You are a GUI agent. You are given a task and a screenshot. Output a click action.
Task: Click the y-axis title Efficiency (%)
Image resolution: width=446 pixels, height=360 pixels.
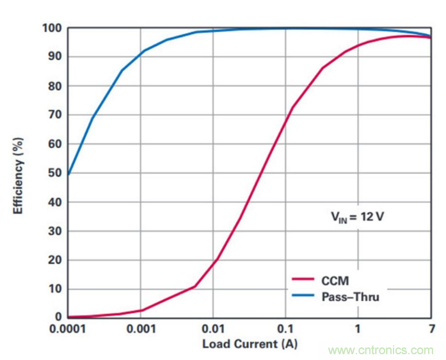pos(20,172)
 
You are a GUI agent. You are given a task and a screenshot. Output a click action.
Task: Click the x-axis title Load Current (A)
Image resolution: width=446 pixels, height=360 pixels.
pos(250,344)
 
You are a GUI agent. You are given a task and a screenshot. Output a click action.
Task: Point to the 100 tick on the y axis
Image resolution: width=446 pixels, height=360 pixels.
pos(51,28)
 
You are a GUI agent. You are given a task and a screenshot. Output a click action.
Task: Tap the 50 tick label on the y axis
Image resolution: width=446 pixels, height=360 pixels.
pos(54,173)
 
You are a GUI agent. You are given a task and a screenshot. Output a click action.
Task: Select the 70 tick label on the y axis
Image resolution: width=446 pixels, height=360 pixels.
pos(54,115)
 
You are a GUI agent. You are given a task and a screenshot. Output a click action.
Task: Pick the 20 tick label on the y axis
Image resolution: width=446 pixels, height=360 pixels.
pos(54,259)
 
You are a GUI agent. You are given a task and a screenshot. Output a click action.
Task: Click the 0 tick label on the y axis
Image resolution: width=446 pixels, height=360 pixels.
pos(58,317)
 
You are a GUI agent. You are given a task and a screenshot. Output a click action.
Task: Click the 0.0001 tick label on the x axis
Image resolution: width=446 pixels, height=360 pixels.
pos(68,329)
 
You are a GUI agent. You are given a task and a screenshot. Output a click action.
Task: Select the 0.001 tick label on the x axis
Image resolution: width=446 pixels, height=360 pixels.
pos(141,329)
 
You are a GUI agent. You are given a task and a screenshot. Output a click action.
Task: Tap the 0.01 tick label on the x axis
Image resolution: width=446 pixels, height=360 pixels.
pos(213,329)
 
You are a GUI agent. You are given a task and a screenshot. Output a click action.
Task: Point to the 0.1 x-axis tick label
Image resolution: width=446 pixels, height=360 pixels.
pos(285,329)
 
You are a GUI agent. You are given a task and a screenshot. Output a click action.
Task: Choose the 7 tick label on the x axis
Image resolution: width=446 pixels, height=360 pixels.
pos(431,329)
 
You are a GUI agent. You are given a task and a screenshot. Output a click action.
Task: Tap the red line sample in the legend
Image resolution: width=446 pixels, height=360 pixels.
pos(306,280)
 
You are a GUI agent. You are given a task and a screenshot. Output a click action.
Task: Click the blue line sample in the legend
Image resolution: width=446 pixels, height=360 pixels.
pos(306,297)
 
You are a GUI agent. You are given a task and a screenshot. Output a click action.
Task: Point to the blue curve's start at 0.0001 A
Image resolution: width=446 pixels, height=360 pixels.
pos(68,174)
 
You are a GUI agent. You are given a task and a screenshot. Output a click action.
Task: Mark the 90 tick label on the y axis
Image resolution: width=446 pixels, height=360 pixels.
pos(54,57)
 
